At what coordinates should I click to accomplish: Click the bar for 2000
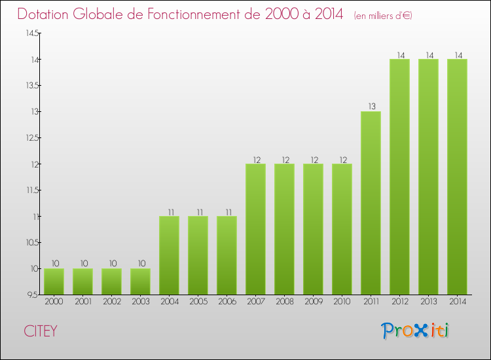click(54, 281)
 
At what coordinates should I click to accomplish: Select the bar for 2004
click(169, 255)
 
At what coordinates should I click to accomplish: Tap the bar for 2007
click(255, 229)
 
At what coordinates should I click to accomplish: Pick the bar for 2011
click(371, 203)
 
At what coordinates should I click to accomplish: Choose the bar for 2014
click(457, 177)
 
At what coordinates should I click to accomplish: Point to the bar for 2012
click(399, 177)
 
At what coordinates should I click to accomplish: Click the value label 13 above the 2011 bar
click(371, 107)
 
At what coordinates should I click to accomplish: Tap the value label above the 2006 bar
click(227, 211)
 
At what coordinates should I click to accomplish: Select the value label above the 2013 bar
click(428, 55)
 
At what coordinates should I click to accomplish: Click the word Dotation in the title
click(47, 14)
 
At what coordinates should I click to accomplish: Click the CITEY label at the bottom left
click(41, 331)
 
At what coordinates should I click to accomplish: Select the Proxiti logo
click(415, 331)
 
